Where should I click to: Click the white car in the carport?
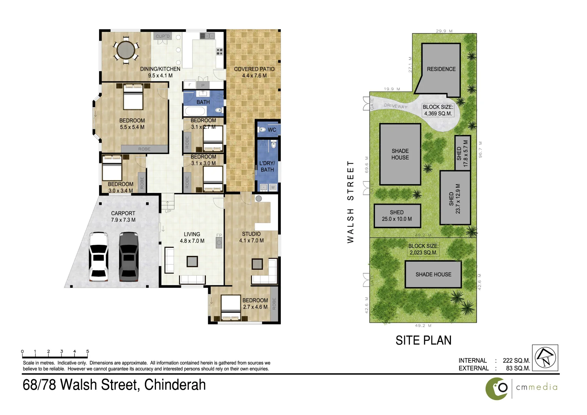tap(98, 256)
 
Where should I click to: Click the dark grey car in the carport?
tap(128, 256)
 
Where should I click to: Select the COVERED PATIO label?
tap(254, 69)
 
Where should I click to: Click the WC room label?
tap(272, 130)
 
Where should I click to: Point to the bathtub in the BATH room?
tap(196, 111)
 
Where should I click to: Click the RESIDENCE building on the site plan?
tap(441, 69)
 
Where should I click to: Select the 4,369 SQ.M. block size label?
tap(438, 114)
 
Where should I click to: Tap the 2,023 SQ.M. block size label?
tap(423, 252)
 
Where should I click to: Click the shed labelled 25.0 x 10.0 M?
tap(397, 216)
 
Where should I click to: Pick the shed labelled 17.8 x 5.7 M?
tap(463, 153)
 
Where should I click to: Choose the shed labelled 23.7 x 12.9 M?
tap(455, 198)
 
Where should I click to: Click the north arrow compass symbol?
tap(545, 358)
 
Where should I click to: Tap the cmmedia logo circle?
tap(497, 388)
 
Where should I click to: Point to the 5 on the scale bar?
tap(88, 351)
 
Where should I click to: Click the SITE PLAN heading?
tap(423, 340)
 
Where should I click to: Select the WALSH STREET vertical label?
tap(350, 202)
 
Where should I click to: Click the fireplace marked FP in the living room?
tap(219, 242)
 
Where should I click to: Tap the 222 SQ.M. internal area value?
tap(516, 360)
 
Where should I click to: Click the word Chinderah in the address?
tap(175, 385)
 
